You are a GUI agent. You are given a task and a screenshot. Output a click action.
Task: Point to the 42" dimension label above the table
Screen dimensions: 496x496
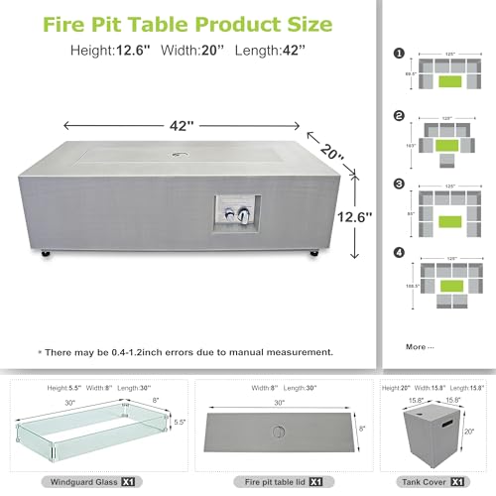pos(181,126)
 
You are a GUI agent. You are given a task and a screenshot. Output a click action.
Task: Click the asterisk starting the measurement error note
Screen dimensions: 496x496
pos(41,352)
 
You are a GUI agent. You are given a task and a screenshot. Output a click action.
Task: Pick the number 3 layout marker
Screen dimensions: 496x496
pos(399,185)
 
